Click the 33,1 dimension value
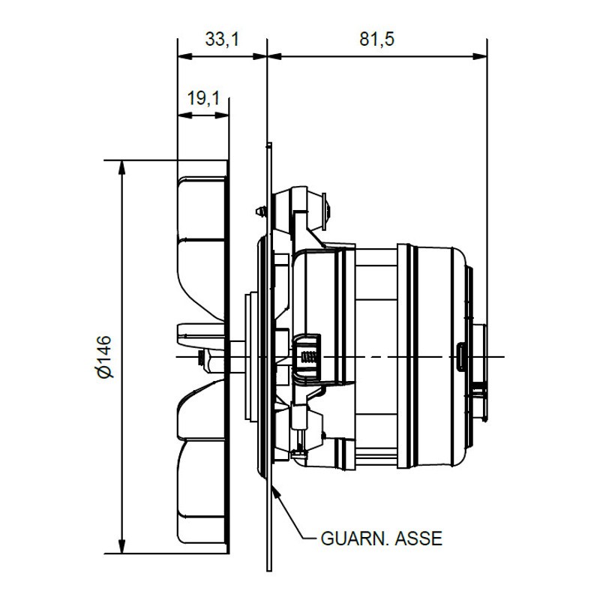tap(222, 39)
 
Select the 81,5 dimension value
tap(377, 39)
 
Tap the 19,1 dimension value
tap(203, 98)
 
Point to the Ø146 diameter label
tap(104, 357)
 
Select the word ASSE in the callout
tap(418, 538)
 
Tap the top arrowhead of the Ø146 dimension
tap(121, 167)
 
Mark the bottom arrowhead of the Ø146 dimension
tap(121, 546)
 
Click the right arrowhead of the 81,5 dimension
tap(480, 57)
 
